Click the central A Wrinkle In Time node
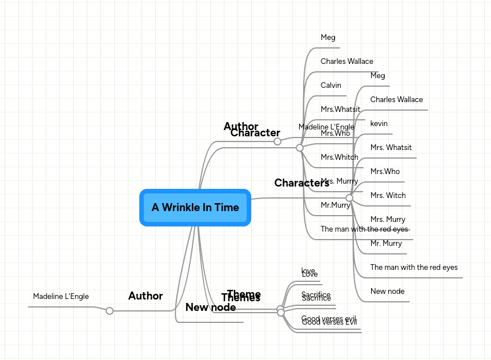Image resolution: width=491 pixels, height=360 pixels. tap(195, 208)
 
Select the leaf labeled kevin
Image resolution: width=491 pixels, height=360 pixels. tap(379, 124)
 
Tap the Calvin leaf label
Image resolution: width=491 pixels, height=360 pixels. tap(331, 86)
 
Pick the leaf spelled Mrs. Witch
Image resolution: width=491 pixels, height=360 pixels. tap(388, 196)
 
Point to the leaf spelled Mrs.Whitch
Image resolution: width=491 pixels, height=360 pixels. tap(339, 157)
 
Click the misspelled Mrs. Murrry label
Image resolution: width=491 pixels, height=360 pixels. tap(339, 181)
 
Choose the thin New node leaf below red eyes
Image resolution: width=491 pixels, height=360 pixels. tap(387, 292)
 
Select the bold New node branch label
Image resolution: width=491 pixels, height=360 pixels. tap(210, 308)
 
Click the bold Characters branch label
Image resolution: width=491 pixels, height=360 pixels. tap(301, 183)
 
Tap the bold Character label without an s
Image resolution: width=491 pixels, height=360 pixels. tap(255, 133)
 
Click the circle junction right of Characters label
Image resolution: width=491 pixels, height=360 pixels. tap(349, 198)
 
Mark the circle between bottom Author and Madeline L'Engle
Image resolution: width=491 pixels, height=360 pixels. tap(110, 311)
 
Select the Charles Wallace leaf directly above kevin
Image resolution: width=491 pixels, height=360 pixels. tap(396, 100)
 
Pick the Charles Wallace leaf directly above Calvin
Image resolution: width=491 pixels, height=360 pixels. tap(347, 62)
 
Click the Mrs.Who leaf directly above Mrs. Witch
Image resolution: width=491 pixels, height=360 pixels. tap(385, 172)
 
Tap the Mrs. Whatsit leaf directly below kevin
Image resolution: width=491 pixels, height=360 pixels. tap(391, 148)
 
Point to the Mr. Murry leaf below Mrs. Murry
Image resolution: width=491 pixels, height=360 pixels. tap(386, 244)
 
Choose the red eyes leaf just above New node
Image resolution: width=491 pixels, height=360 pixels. tap(413, 268)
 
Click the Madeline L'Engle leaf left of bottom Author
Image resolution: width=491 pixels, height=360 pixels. tap(61, 297)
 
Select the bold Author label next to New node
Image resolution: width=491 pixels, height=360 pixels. tap(145, 296)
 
